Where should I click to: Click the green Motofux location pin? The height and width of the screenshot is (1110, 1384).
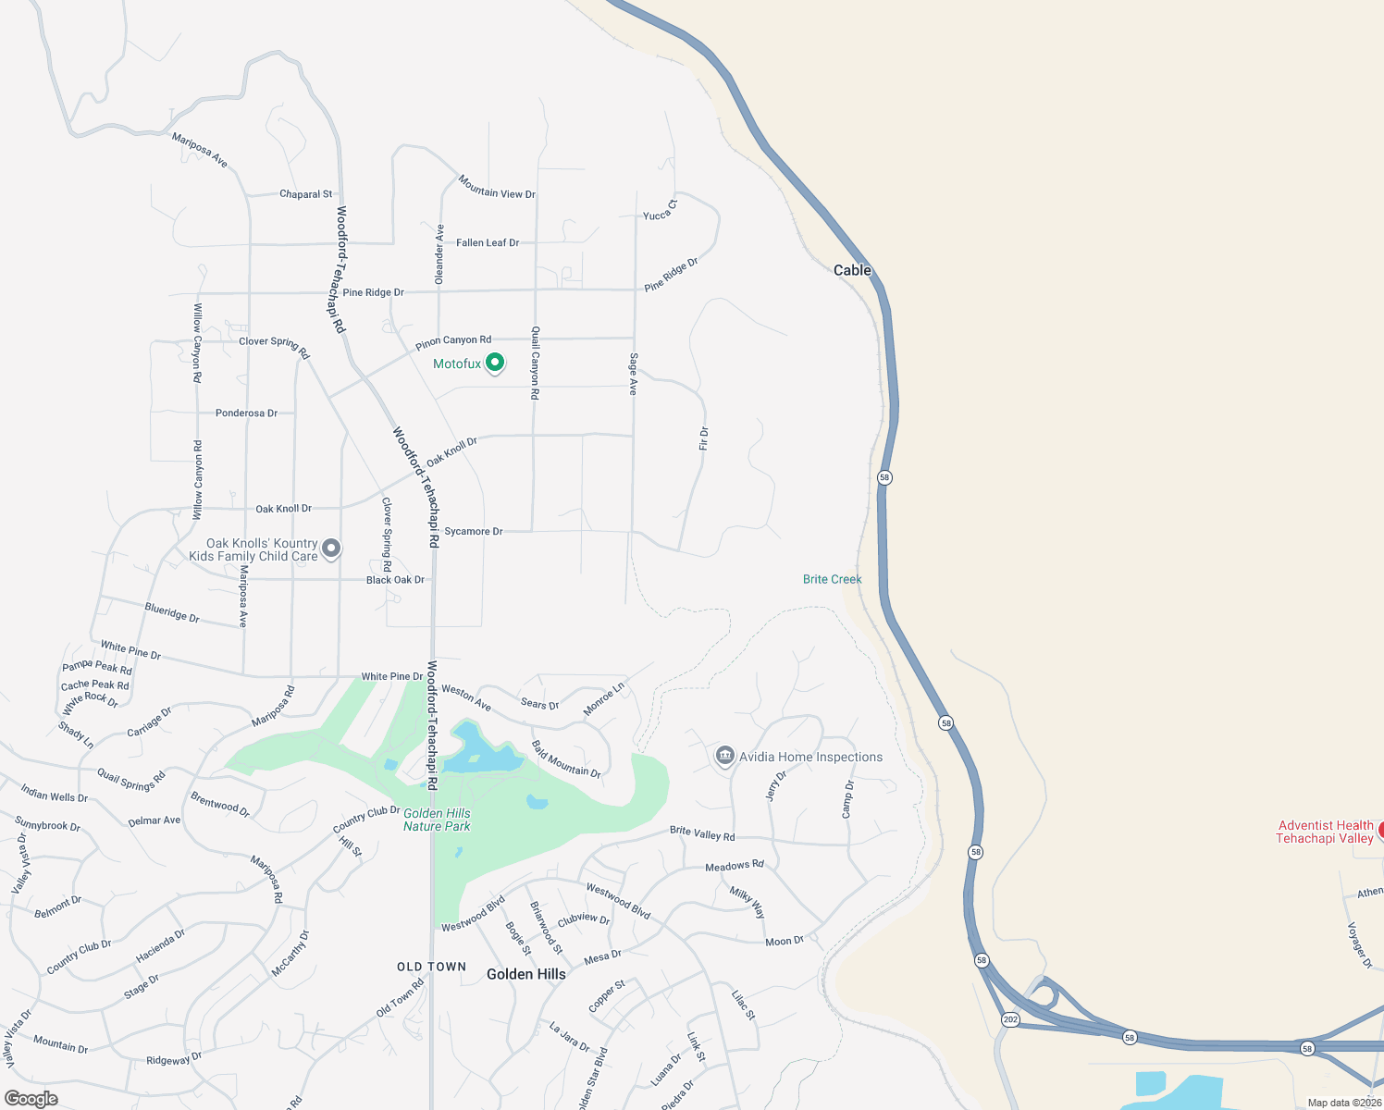(495, 363)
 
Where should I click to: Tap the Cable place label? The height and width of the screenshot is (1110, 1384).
(852, 270)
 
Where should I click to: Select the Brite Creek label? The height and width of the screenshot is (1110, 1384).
(832, 579)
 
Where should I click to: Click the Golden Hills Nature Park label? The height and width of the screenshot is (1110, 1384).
(437, 820)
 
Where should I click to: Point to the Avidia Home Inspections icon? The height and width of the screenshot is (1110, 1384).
(725, 757)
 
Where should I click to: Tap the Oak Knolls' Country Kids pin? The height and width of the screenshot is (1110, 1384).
(330, 549)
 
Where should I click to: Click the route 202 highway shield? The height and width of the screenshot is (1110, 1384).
(1010, 1019)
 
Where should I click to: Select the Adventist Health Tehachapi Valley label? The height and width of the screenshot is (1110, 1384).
(1325, 832)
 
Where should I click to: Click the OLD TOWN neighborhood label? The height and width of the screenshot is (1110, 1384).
(432, 967)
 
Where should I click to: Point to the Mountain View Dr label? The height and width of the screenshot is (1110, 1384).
(497, 188)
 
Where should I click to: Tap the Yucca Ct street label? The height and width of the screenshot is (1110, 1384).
(661, 210)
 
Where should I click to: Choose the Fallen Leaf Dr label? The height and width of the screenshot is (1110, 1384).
(488, 242)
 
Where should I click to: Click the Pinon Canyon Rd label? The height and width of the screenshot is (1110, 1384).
(453, 342)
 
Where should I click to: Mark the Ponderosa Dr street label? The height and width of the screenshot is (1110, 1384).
(246, 413)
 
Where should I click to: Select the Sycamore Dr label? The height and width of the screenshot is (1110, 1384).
(473, 531)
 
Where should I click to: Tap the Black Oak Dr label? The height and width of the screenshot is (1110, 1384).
(395, 580)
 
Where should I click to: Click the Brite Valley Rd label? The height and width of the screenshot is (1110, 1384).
(702, 833)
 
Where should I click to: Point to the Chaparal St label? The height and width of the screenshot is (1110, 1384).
(305, 194)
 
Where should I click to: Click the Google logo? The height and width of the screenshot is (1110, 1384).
(31, 1099)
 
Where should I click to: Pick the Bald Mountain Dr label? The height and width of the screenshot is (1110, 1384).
(566, 759)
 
